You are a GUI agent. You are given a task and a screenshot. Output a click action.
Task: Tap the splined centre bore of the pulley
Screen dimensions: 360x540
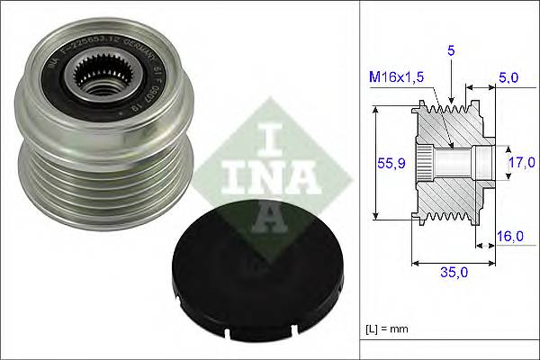pyautogui.click(x=98, y=76)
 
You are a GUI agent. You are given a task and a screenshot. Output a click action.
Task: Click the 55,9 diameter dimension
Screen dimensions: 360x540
pyautogui.click(x=388, y=162)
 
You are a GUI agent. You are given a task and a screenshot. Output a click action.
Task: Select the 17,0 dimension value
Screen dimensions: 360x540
pyautogui.click(x=520, y=163)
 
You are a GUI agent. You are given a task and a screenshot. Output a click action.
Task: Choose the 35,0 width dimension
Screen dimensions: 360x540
pyautogui.click(x=449, y=269)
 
